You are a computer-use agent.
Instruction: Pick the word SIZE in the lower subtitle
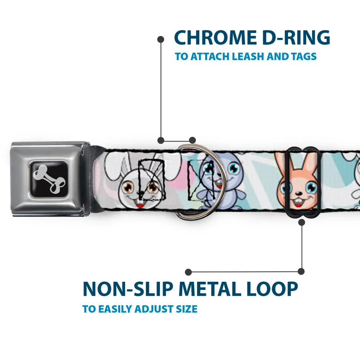click(x=186, y=309)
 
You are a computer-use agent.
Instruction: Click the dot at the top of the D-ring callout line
click(x=161, y=39)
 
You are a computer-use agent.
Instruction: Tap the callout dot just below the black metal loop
click(x=301, y=222)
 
